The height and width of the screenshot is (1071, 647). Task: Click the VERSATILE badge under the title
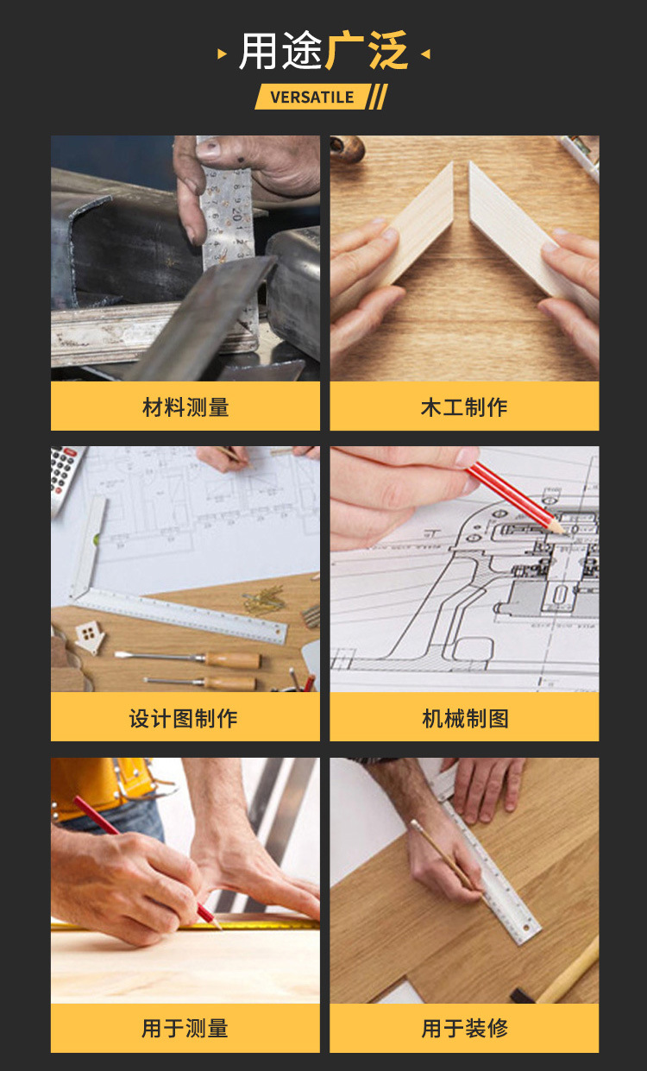[x=312, y=97]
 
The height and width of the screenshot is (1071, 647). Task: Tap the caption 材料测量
[x=185, y=407]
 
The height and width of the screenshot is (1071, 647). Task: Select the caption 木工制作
[x=464, y=407]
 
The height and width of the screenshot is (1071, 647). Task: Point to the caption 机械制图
[x=465, y=718]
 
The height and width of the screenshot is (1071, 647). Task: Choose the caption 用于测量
[x=185, y=1028]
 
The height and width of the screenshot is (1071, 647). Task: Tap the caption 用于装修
[x=465, y=1028]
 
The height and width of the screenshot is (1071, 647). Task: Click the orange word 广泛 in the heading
[x=367, y=52]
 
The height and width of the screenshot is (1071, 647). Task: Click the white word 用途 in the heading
[x=280, y=52]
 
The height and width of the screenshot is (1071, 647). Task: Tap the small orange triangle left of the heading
[x=223, y=54]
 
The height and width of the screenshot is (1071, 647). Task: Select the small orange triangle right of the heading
[x=424, y=54]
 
